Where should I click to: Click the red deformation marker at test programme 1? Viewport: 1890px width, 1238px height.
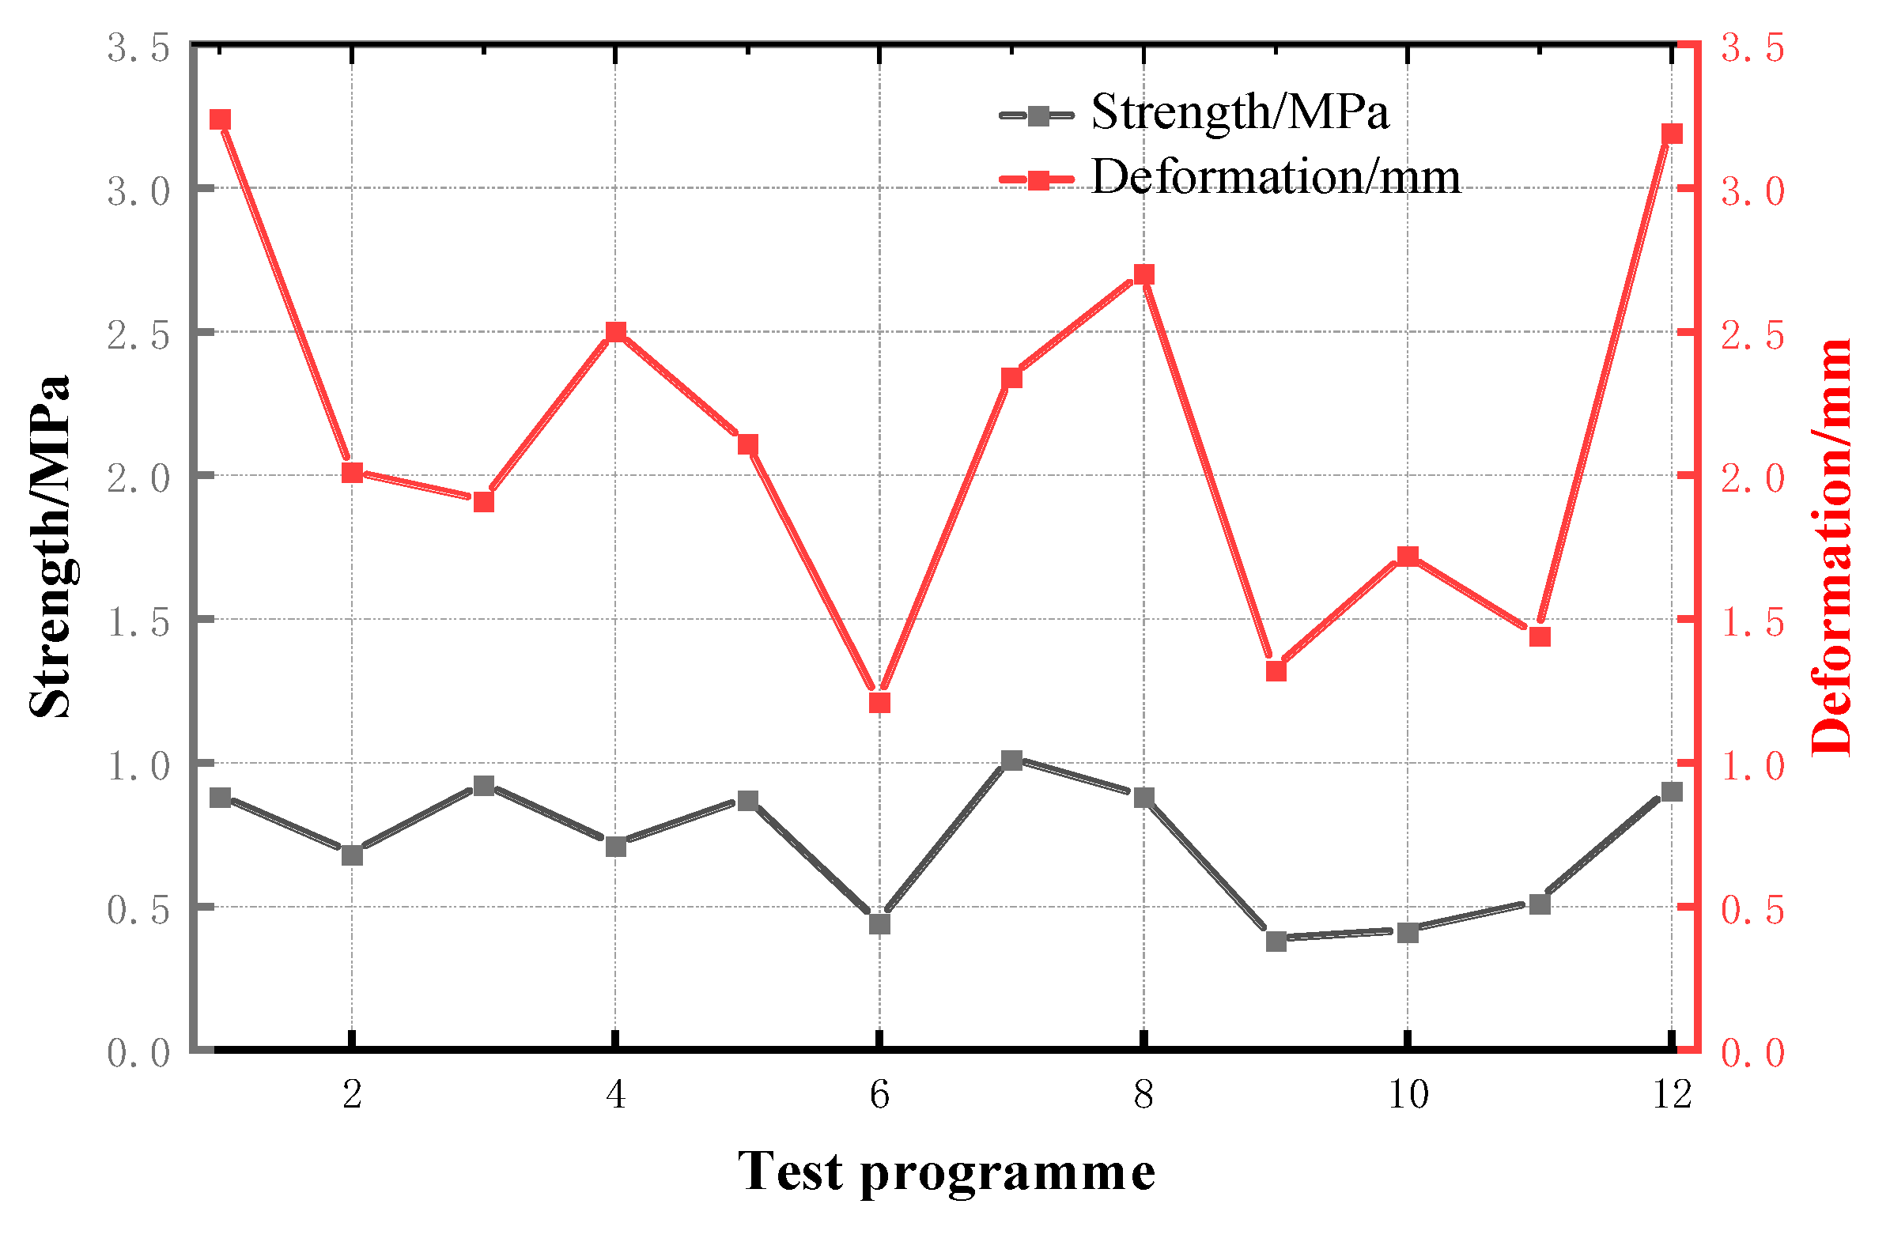220,120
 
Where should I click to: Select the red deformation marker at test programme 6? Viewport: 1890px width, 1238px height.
879,703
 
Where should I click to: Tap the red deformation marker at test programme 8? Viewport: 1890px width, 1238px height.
1143,275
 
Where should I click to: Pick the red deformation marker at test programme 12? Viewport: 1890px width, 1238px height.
1672,134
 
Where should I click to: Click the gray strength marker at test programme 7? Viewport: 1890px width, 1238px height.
1011,761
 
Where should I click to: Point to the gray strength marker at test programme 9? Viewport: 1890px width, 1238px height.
1276,942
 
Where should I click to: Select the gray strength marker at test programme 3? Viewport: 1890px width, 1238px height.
484,786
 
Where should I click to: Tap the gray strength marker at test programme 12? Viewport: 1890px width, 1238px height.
1672,791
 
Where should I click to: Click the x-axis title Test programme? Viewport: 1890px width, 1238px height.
946,1172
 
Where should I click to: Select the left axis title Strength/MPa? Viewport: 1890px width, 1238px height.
49,546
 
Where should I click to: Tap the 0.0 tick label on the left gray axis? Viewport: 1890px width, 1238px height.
139,1053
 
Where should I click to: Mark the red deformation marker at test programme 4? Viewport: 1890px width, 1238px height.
615,332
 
